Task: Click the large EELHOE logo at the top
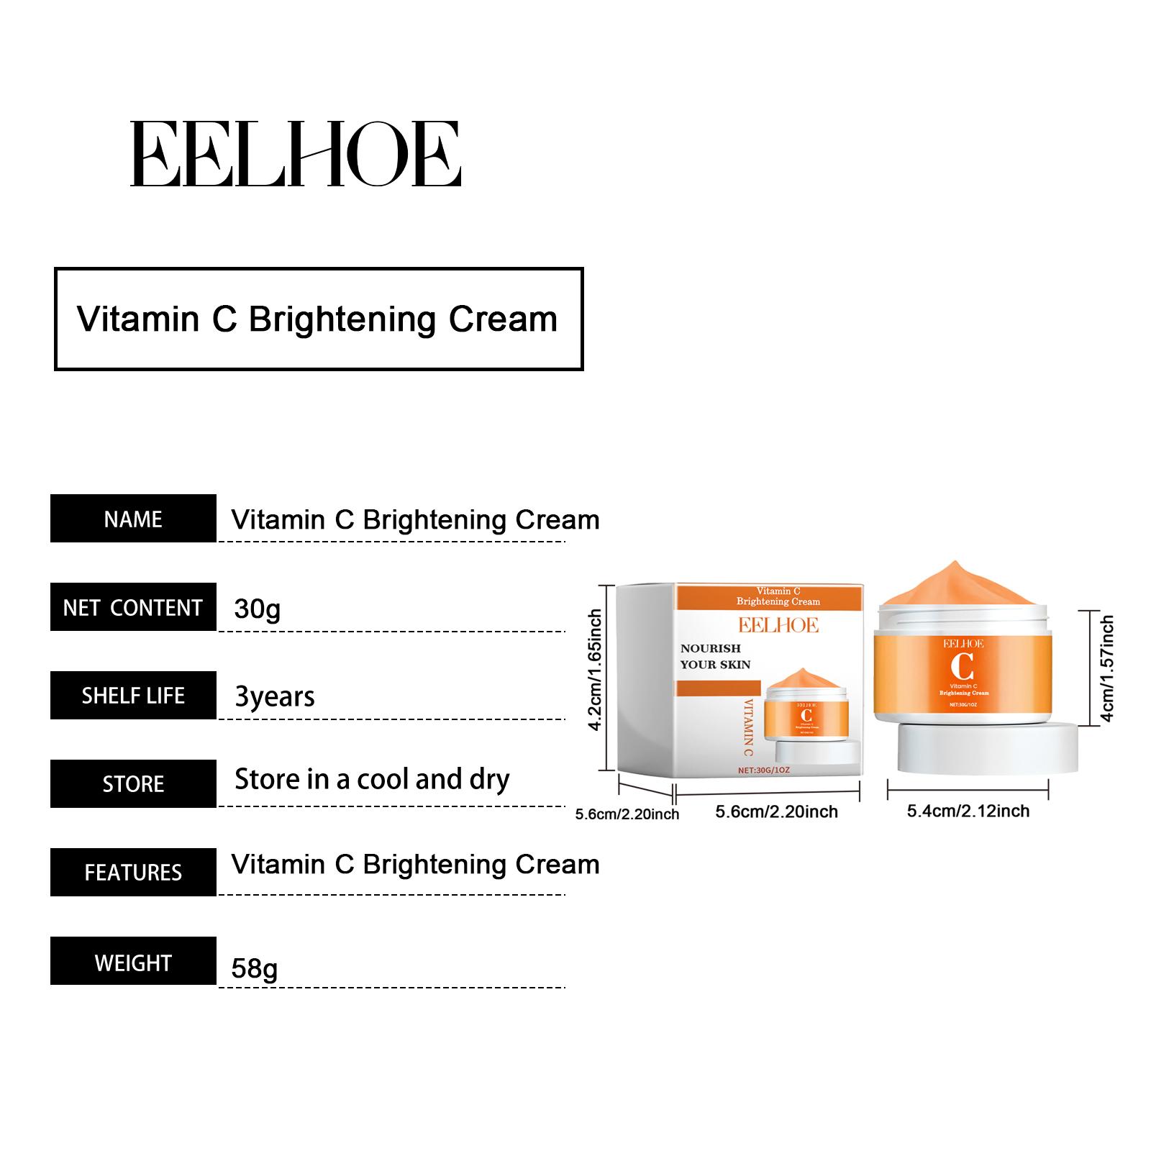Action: [295, 154]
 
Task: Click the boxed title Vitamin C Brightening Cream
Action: [318, 319]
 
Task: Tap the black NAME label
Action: [133, 519]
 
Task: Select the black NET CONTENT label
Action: [133, 607]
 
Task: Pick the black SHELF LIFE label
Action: [133, 696]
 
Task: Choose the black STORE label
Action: [133, 783]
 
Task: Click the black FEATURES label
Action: [133, 872]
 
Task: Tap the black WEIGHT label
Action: [133, 961]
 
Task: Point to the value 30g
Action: [257, 609]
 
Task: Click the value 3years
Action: [275, 697]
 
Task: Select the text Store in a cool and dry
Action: [372, 780]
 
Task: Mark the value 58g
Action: [254, 968]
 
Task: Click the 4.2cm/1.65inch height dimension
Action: [595, 670]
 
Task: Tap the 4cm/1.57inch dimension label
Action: [1107, 668]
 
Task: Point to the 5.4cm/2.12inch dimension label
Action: [968, 811]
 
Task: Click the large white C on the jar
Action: [962, 666]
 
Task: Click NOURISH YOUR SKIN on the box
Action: [715, 656]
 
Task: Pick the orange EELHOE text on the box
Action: [778, 625]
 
